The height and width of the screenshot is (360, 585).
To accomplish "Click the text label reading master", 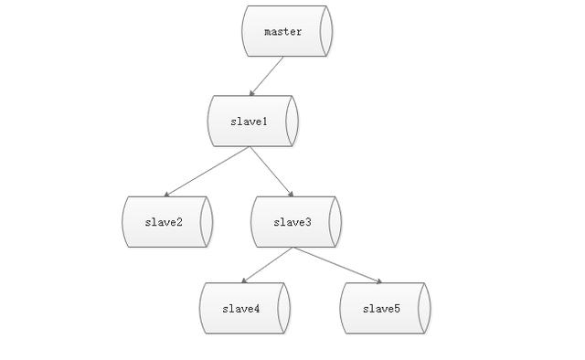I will click(283, 32).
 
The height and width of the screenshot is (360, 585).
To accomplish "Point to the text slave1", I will click(249, 122).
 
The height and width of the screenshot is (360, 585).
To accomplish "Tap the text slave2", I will click(164, 222).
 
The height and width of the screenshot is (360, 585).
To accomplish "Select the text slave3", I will click(292, 222).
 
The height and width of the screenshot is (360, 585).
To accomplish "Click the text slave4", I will click(241, 309).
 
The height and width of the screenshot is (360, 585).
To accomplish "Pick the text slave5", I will click(381, 309).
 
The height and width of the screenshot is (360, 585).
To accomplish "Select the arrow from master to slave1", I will click(267, 76).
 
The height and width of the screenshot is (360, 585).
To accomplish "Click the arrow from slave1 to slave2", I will click(208, 171).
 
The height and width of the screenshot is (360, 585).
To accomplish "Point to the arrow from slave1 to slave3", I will click(271, 171).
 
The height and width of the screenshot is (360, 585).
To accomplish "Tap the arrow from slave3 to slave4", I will click(267, 265).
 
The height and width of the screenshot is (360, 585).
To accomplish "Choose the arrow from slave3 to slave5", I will click(336, 265).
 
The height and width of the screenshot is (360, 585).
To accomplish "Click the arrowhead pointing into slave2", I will click(167, 195).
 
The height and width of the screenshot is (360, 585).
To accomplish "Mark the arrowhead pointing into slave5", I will click(378, 281).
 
